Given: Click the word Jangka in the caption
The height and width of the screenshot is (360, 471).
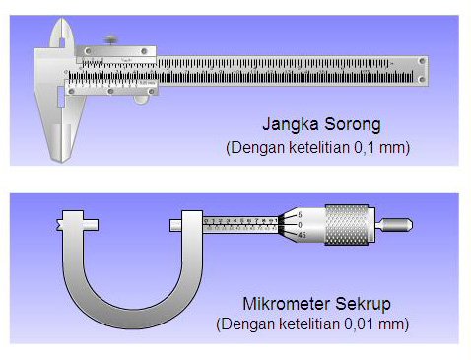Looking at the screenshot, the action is [x=288, y=126].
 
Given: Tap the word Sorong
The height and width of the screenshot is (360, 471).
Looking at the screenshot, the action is [x=348, y=126].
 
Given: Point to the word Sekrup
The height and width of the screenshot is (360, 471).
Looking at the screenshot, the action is [x=355, y=303].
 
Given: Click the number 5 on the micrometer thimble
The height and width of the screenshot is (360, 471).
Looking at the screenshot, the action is [x=299, y=214].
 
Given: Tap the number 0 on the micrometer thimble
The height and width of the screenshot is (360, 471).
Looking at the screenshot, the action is [x=299, y=224].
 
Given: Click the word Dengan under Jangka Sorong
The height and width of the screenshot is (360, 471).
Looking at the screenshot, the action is [x=252, y=148].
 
